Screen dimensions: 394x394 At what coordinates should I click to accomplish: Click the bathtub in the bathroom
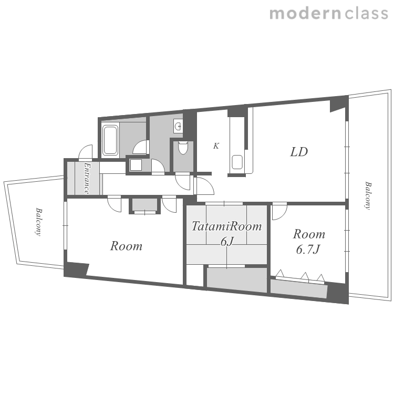pyautogui.click(x=110, y=140)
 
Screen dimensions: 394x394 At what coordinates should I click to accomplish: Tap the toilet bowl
pyautogui.click(x=183, y=148)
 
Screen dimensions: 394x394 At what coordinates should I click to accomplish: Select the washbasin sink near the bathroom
pyautogui.click(x=178, y=126)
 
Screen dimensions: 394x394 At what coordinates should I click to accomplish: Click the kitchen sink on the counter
pyautogui.click(x=237, y=162)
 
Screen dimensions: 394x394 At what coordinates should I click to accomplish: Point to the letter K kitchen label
pyautogui.click(x=216, y=146)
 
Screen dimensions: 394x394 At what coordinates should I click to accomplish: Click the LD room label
pyautogui.click(x=299, y=152)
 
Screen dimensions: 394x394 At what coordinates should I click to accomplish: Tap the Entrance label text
pyautogui.click(x=87, y=179)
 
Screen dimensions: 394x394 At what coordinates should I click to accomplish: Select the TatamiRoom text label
pyautogui.click(x=226, y=226)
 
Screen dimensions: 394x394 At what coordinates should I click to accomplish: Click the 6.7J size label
pyautogui.click(x=308, y=250)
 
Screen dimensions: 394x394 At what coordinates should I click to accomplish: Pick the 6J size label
pyautogui.click(x=227, y=242)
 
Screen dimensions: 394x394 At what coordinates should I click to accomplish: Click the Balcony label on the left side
pyautogui.click(x=38, y=222)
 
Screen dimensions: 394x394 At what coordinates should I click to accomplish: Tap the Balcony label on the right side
pyautogui.click(x=368, y=195)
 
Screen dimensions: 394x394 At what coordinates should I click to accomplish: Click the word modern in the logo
pyautogui.click(x=305, y=13)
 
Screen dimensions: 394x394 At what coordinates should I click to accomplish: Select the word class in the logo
pyautogui.click(x=366, y=13)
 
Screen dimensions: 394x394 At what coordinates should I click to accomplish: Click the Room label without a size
pyautogui.click(x=126, y=246)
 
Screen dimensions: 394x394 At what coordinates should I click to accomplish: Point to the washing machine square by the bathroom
pyautogui.click(x=136, y=165)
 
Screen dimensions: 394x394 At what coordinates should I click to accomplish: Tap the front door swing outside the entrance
pyautogui.click(x=86, y=152)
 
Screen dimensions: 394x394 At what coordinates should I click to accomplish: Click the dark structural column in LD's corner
pyautogui.click(x=339, y=104)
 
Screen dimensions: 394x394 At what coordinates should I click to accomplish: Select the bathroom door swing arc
pyautogui.click(x=140, y=147)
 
